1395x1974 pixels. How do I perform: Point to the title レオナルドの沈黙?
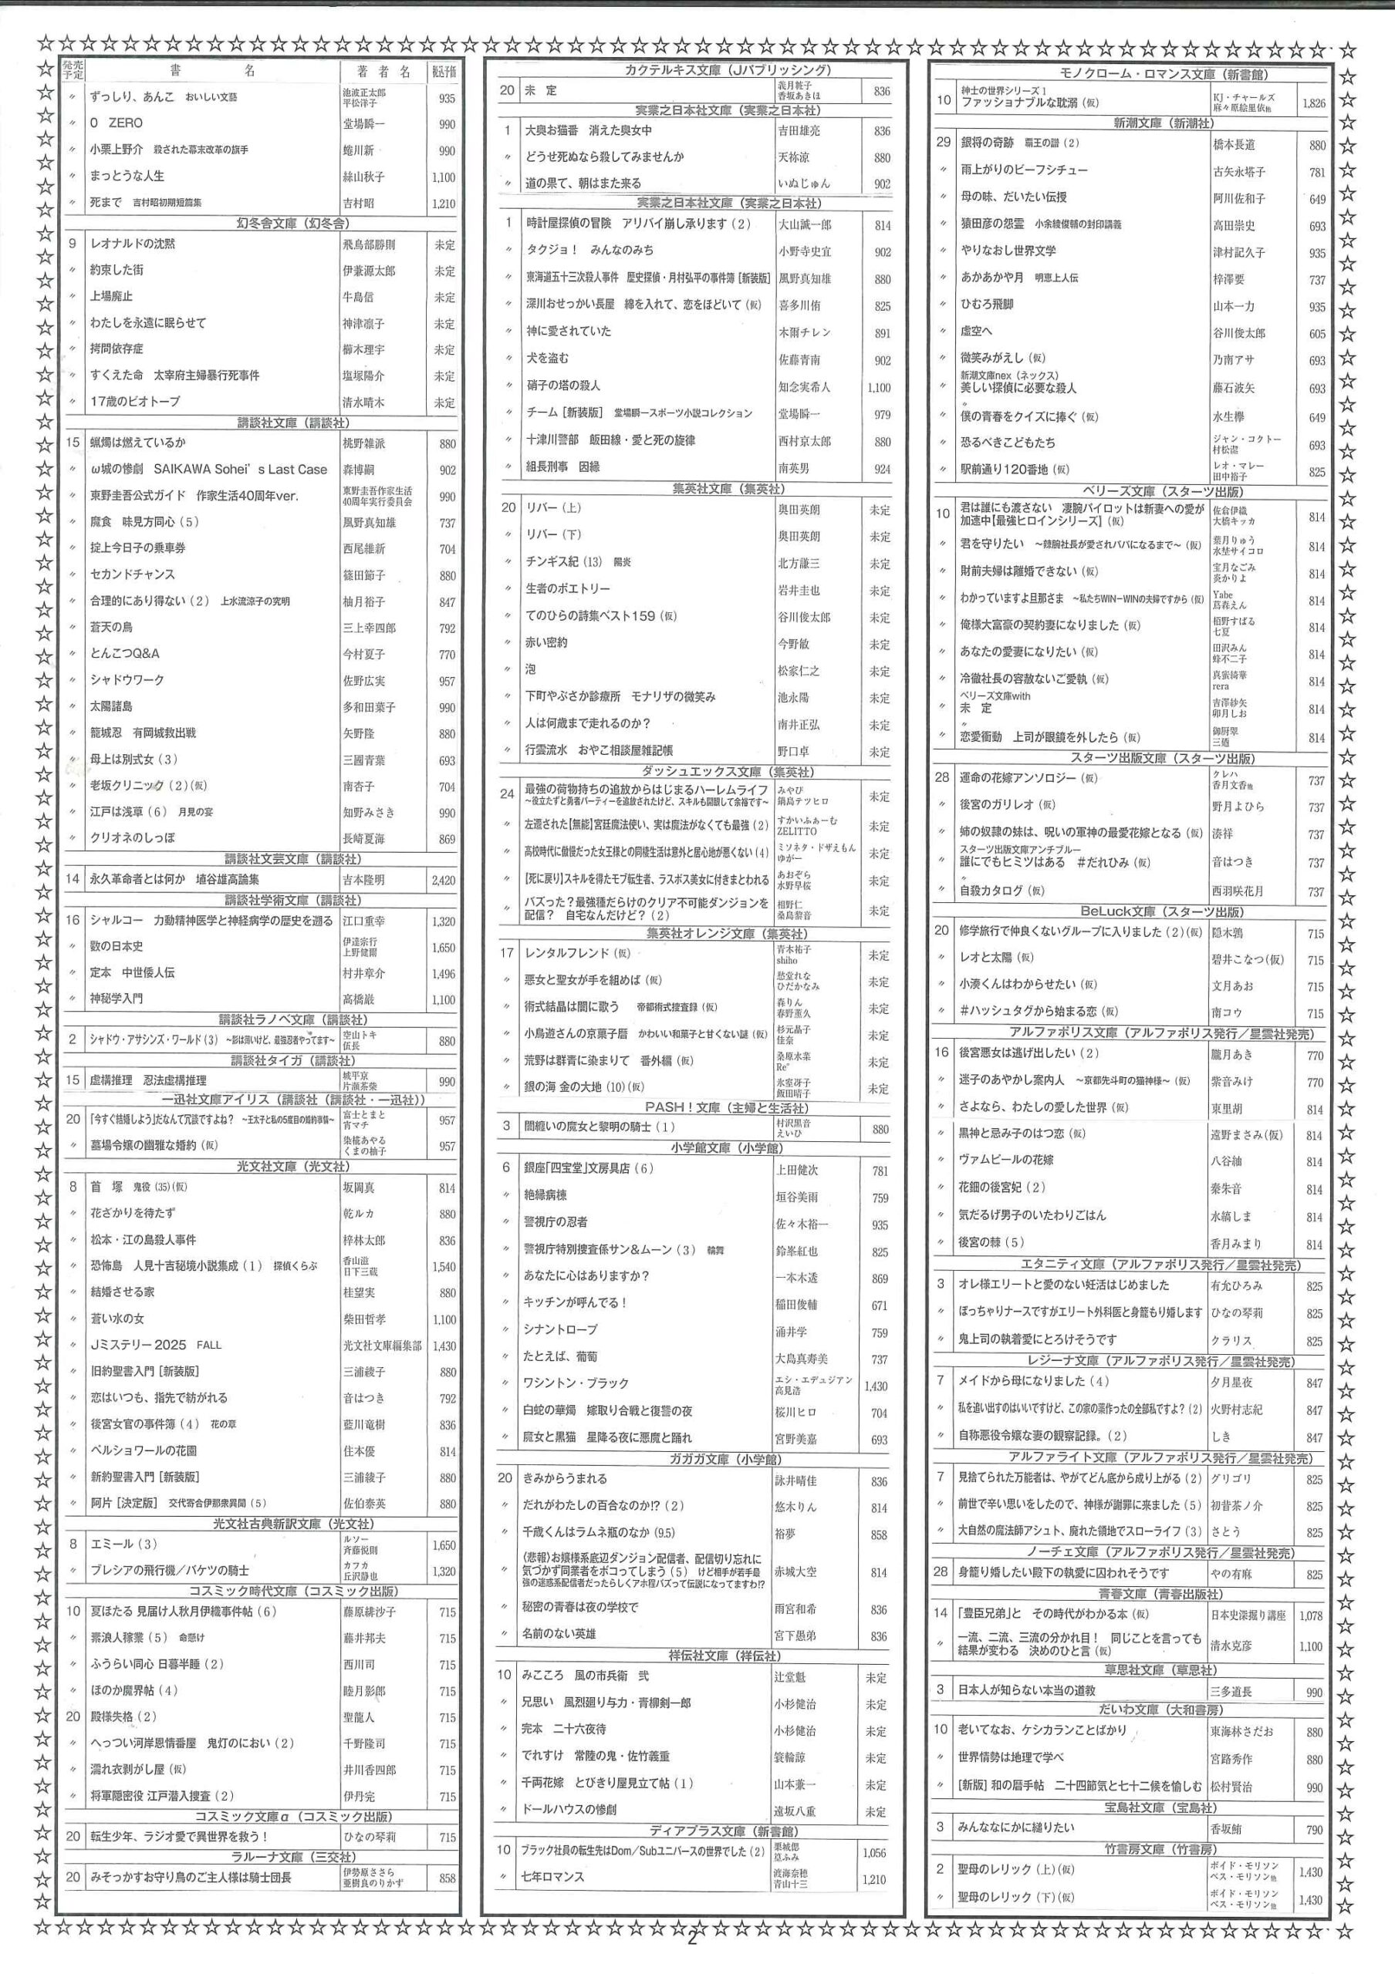[133, 244]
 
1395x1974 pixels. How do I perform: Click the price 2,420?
[444, 880]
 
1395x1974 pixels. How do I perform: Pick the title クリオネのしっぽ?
[133, 837]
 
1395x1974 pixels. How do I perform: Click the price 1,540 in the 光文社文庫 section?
[444, 1266]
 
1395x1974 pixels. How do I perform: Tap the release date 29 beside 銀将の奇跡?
[944, 142]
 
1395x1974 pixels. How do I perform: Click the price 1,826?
[1313, 103]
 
